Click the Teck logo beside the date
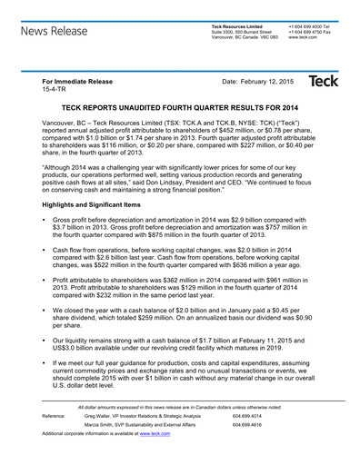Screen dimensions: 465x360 324,82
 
